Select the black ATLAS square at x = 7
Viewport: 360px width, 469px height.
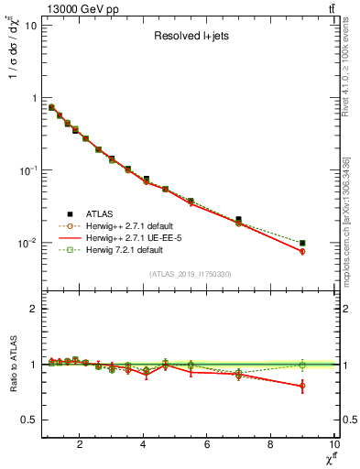239,220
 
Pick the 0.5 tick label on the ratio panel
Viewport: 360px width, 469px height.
28,420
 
